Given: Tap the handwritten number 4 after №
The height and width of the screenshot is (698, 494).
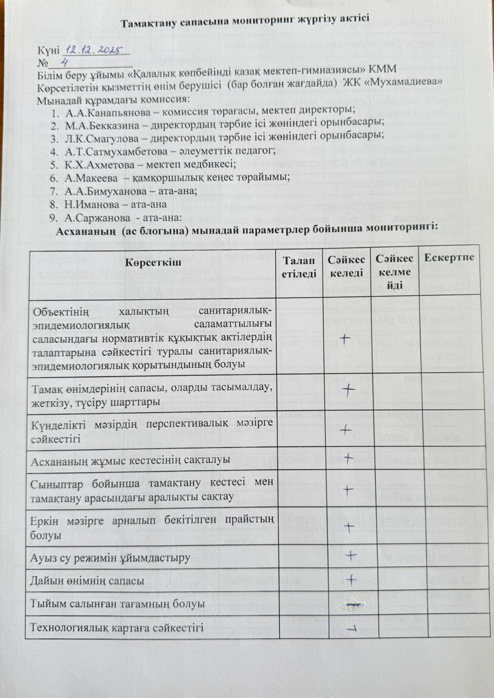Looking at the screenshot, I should (65, 62).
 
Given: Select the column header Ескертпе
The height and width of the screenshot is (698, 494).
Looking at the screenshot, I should (449, 257).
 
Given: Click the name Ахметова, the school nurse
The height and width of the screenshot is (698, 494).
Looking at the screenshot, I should (106, 164).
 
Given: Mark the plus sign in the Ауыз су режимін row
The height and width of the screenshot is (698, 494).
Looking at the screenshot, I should (351, 555).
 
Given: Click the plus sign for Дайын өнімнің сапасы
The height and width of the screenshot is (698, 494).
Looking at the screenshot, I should (351, 578).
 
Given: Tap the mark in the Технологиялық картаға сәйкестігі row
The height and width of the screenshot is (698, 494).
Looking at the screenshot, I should (351, 628).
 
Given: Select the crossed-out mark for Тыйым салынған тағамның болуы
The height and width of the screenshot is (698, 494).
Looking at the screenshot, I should (352, 603).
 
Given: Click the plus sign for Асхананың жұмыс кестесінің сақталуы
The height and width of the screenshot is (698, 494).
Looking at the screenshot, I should (348, 458).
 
